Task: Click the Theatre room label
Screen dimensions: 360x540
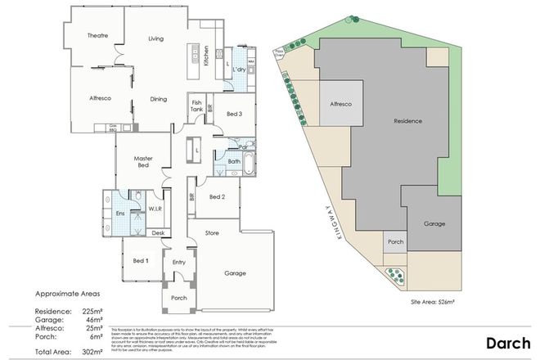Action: [99, 35]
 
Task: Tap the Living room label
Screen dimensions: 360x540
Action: [157, 38]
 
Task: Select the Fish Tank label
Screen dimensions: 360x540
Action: [196, 106]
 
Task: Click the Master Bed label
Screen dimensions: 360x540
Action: [136, 162]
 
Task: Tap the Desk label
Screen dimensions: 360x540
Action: [158, 233]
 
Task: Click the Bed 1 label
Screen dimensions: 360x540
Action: [141, 261]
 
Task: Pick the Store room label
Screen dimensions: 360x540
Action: [212, 233]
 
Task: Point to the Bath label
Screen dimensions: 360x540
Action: [234, 162]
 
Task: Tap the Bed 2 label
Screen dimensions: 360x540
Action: [217, 197]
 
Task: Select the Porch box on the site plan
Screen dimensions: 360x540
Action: [395, 242]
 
